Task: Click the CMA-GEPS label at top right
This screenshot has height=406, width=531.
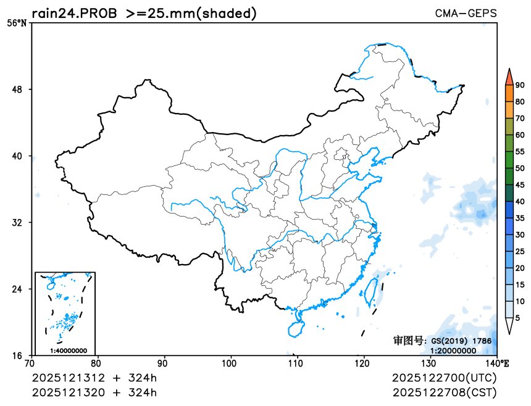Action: [x=466, y=13]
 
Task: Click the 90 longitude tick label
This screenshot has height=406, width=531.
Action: [x=164, y=364]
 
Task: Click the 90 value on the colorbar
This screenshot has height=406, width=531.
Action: [x=520, y=85]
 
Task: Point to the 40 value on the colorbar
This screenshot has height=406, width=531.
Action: [x=520, y=201]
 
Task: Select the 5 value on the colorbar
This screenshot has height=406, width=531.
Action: [x=517, y=317]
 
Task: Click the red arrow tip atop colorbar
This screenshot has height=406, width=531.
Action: [x=509, y=76]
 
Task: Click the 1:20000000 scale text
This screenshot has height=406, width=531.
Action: [x=453, y=350]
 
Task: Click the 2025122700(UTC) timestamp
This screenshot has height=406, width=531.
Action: [x=444, y=378]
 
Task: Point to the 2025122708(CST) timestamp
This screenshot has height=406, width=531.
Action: [x=444, y=392]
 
